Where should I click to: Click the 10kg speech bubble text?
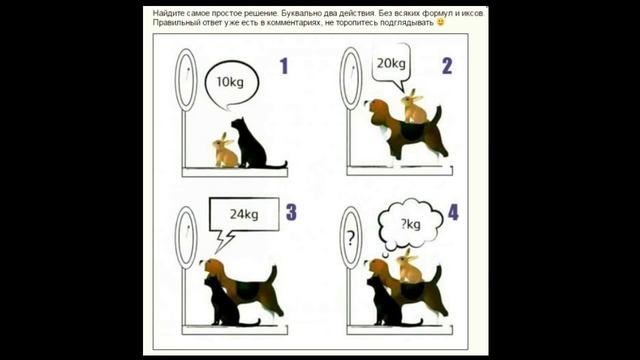point(231,80)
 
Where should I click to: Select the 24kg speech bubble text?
point(243,213)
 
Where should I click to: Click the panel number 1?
point(283,67)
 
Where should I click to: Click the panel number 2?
point(446,67)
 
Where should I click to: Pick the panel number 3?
point(291,212)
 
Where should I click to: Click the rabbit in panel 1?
point(225,152)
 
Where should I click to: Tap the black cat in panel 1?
point(248,145)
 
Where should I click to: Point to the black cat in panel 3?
point(222,300)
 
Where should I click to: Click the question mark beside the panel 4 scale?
point(351,239)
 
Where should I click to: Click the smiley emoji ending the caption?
point(440,22)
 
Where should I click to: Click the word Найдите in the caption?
point(172,12)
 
